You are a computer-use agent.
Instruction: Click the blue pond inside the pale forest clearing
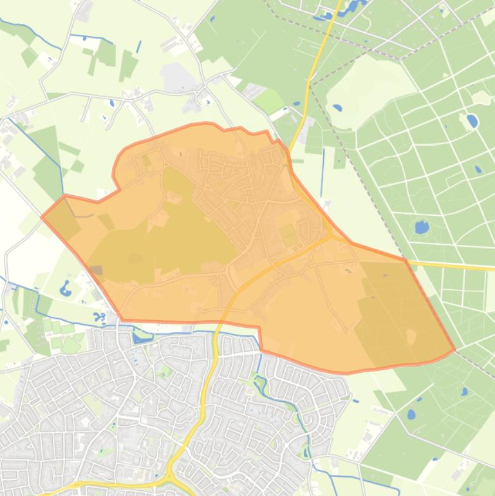(x=337, y=108)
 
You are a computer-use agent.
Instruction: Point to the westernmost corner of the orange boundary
(x=42, y=217)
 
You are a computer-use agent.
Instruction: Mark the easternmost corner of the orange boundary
(x=454, y=350)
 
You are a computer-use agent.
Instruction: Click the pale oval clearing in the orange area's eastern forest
(x=411, y=337)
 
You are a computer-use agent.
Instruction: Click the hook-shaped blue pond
(x=65, y=288)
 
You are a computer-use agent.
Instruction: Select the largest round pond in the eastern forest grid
(x=422, y=227)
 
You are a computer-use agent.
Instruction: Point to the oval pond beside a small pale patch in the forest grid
(x=472, y=120)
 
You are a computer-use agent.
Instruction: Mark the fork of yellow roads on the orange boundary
(x=330, y=236)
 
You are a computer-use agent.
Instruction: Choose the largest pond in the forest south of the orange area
(x=411, y=414)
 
